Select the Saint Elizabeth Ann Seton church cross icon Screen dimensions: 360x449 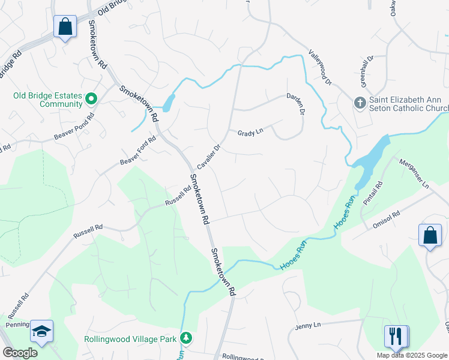coord(360,103)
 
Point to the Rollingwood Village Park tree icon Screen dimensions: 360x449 coord(187,338)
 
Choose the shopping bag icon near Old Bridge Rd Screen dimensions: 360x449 coord(65,27)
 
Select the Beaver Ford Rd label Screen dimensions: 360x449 coord(137,151)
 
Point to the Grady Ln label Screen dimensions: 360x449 coord(250,132)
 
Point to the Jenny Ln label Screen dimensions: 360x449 coord(309,325)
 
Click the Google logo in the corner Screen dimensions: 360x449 coord(20,353)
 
